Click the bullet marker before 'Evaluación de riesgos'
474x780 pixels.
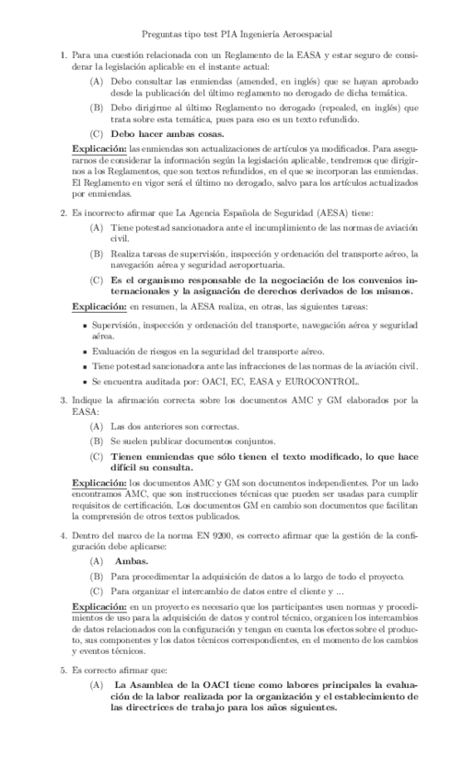pos(84,351)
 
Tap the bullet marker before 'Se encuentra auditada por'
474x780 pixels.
pos(84,380)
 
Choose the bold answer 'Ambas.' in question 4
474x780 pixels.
pos(133,561)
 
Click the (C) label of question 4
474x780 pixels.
pos(96,591)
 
